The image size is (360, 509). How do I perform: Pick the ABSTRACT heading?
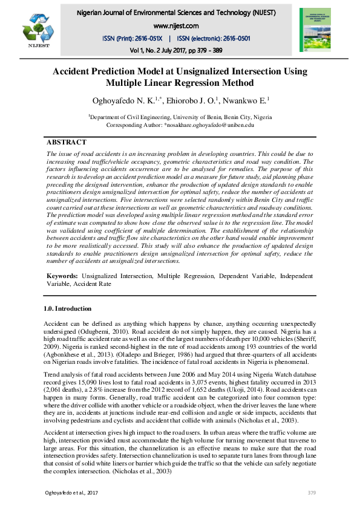[67, 142]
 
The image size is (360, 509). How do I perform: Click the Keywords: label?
[63, 276]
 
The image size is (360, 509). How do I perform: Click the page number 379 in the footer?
[312, 493]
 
